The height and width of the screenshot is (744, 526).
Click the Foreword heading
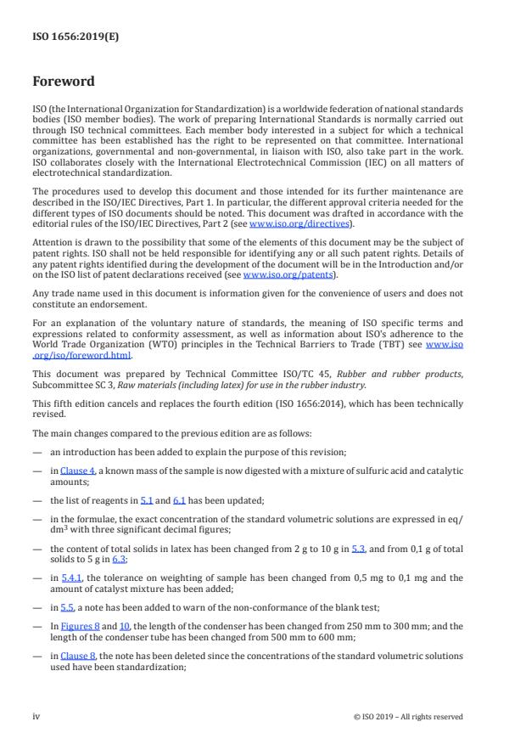(64, 82)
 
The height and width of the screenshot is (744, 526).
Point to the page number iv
(36, 716)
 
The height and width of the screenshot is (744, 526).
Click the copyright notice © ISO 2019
(408, 716)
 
